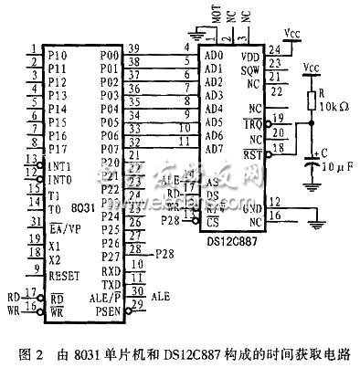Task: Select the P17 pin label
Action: [x=58, y=149]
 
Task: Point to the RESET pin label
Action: [x=64, y=274]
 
